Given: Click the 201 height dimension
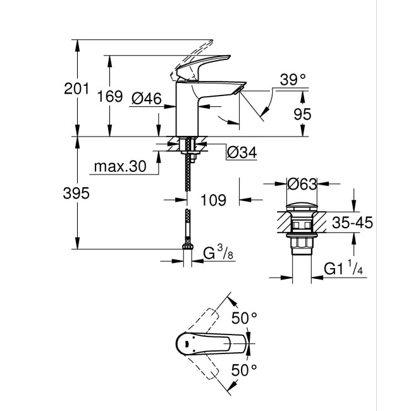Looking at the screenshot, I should [77, 89].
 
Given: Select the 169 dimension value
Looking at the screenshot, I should [110, 97].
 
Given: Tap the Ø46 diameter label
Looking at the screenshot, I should [147, 97].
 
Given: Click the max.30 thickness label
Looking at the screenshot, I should [120, 166].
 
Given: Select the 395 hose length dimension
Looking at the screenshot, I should [77, 193].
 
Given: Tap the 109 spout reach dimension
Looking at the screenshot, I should [213, 200].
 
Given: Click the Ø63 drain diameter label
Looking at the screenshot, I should [301, 185].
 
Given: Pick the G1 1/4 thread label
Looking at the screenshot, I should [342, 269].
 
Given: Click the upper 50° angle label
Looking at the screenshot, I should [245, 317].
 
